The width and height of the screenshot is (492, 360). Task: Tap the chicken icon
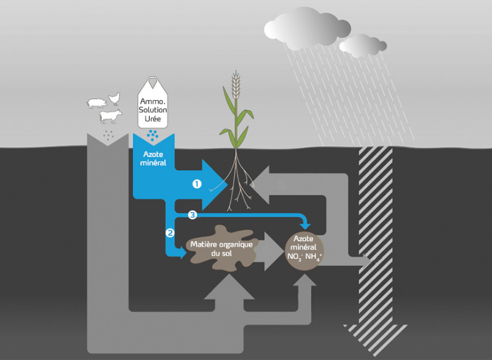tap(113, 98)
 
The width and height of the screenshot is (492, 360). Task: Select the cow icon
tap(110, 115)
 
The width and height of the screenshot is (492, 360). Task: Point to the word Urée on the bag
tap(153, 118)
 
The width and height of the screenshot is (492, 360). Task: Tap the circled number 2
tap(170, 232)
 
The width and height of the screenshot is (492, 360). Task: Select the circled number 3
tap(192, 215)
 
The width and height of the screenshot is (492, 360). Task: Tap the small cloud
tap(363, 45)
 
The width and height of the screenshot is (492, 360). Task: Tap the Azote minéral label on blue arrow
tap(153, 159)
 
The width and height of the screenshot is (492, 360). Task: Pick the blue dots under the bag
tap(153, 134)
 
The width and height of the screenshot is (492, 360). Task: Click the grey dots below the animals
tap(109, 135)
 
